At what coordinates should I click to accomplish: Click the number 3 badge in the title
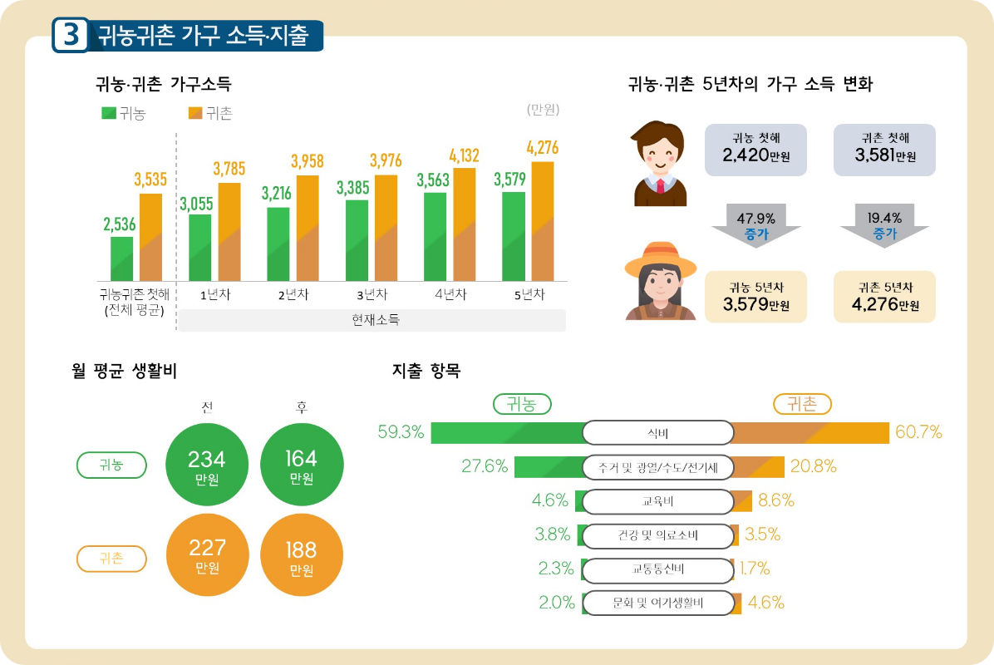[x=71, y=36]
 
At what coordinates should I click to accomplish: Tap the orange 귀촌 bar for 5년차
[x=542, y=222]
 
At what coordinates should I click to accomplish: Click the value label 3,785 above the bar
[x=229, y=170]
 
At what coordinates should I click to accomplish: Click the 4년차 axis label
[x=450, y=294]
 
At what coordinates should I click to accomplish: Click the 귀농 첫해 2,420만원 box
[x=755, y=150]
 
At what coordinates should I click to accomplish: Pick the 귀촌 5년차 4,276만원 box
[x=884, y=297]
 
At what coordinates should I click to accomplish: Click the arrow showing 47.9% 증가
[x=755, y=225]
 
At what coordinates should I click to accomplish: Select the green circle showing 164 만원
[x=301, y=466]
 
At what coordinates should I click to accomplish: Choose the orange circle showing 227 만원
[x=207, y=555]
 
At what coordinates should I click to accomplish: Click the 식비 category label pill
[x=657, y=433]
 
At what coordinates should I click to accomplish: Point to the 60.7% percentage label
[x=918, y=432]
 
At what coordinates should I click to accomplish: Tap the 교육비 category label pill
[x=657, y=501]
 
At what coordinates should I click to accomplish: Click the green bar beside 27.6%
[x=549, y=467]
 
